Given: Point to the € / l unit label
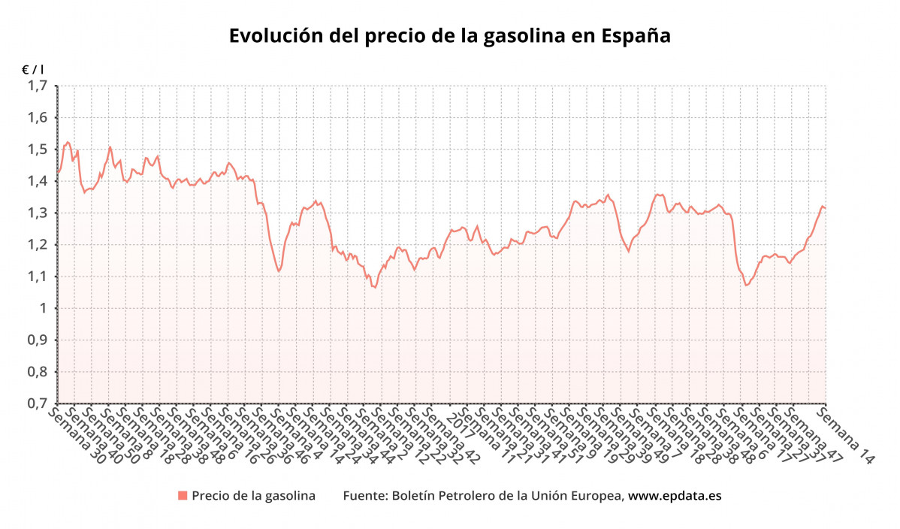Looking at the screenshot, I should tap(33, 69).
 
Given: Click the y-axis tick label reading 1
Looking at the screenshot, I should tap(44, 308).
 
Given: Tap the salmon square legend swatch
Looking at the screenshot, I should tap(182, 495).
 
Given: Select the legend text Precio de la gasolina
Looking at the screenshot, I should tap(253, 496).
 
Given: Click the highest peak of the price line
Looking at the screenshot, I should tap(67, 142).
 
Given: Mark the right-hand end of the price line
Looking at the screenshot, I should tap(826, 207).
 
